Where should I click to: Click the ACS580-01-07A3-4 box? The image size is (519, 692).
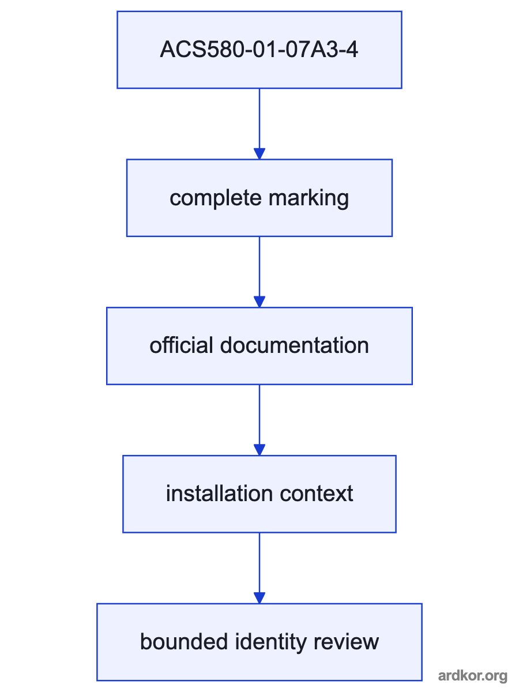(x=259, y=50)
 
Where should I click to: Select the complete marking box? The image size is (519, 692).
(x=259, y=198)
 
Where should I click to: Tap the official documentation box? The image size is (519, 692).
(x=259, y=346)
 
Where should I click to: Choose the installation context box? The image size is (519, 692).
(x=259, y=494)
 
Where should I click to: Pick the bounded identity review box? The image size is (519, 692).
(x=259, y=642)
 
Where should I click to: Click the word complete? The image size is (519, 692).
(x=216, y=198)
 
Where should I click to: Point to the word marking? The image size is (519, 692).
(x=309, y=198)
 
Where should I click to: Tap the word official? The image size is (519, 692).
(x=181, y=345)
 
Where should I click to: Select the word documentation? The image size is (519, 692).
(x=294, y=345)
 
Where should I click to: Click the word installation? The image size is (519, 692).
(x=219, y=494)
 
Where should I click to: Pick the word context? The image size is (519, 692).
(x=317, y=494)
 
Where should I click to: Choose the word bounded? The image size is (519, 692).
(x=184, y=642)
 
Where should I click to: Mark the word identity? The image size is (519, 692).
(x=270, y=642)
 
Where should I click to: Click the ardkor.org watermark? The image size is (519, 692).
(x=473, y=676)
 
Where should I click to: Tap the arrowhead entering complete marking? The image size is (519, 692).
(x=259, y=153)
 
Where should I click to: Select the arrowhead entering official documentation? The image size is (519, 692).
(x=259, y=302)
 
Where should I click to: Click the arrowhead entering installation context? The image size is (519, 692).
(x=259, y=450)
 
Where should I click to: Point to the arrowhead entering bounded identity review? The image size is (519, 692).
(x=259, y=598)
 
